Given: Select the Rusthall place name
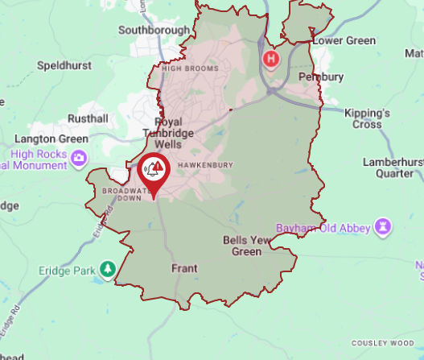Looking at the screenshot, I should click(x=89, y=118).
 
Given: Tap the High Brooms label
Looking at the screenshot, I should click(x=190, y=68).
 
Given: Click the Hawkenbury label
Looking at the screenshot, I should click(x=208, y=165).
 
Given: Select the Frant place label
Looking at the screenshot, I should click(x=185, y=268).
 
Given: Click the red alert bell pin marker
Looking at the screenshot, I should click(x=152, y=171).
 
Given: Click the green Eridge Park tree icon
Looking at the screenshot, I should click(x=108, y=270).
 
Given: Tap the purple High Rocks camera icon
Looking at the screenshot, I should click(x=79, y=158).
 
